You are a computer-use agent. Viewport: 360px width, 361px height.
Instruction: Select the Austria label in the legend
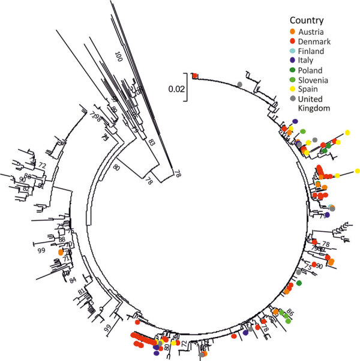point(309,31)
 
